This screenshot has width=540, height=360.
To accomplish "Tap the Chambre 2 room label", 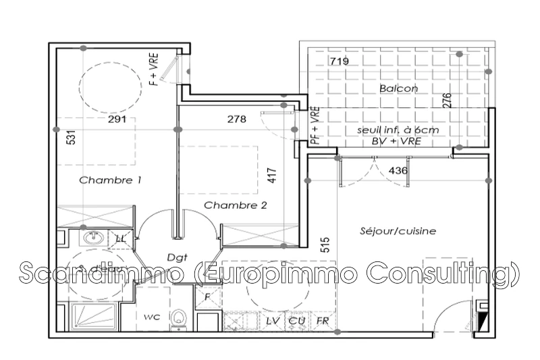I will click(x=231, y=205).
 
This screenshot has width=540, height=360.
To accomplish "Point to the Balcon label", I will click(x=398, y=88).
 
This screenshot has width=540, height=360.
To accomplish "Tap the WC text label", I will click(x=151, y=315).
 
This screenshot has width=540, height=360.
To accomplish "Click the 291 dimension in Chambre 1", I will click(x=117, y=120).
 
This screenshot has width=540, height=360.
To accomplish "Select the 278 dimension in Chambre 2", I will click(x=236, y=120).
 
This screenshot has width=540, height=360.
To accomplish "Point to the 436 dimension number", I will click(x=399, y=171).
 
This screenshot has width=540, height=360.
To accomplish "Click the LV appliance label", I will click(x=273, y=320).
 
